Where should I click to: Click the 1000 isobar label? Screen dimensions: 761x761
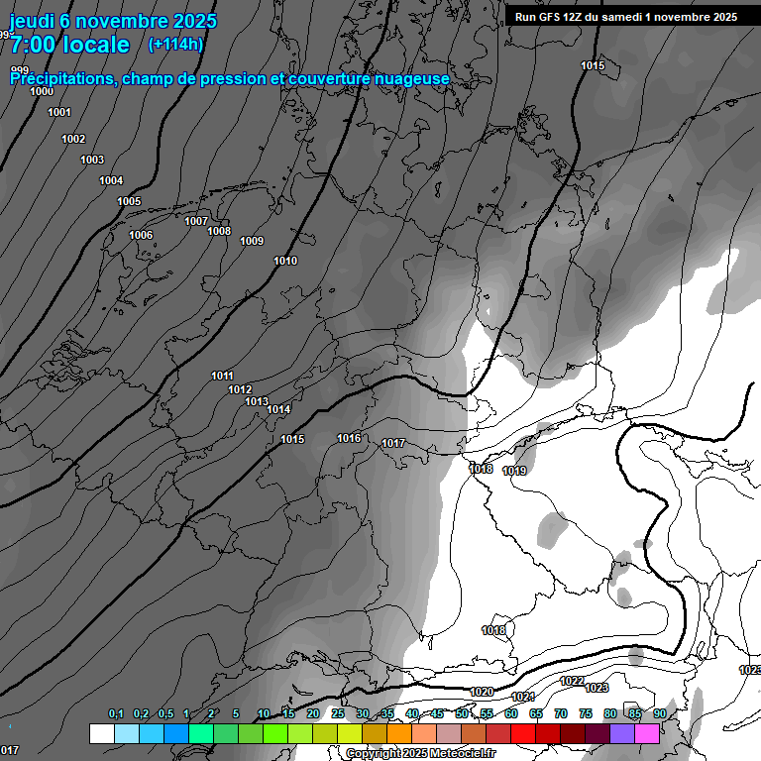(42, 91)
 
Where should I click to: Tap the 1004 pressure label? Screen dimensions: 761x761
(111, 180)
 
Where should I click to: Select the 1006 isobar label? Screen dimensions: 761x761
(141, 235)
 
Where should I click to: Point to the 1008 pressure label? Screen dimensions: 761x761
(219, 231)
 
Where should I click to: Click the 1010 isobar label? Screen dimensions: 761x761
(285, 261)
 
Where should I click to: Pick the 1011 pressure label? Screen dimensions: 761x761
(222, 376)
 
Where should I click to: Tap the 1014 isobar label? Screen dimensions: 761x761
(278, 409)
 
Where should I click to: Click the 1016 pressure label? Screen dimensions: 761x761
(349, 438)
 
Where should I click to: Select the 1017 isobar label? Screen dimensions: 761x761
(393, 443)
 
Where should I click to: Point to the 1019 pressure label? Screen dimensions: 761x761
(514, 471)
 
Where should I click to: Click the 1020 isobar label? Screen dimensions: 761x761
(482, 692)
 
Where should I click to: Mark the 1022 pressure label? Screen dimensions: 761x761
(572, 681)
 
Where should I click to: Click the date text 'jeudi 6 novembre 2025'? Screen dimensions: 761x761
(113, 21)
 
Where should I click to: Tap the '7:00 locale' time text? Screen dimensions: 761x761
(69, 45)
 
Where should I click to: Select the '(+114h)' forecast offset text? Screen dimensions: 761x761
(175, 44)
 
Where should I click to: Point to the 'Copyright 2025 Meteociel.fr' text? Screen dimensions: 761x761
(420, 753)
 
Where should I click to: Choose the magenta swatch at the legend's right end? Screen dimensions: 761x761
(647, 733)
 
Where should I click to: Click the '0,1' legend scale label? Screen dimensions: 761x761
(116, 713)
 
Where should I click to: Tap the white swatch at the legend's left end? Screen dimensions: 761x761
(101, 733)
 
